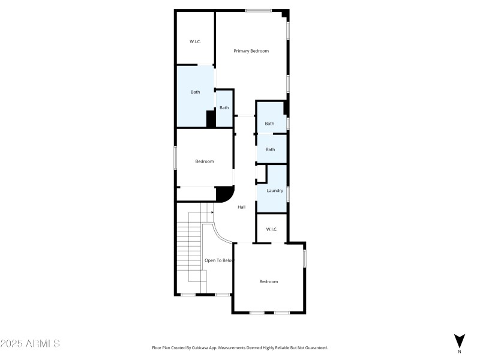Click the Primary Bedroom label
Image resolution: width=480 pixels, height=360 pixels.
[251, 51]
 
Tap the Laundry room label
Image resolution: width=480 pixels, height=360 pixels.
[275, 191]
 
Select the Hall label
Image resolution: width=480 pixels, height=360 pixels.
[242, 207]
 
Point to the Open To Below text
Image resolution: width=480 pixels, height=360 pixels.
[219, 260]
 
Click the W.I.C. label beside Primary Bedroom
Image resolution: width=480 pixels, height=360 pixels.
[196, 41]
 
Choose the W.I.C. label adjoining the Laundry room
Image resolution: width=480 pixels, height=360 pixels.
[272, 229]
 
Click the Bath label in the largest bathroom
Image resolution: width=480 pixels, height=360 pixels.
[196, 92]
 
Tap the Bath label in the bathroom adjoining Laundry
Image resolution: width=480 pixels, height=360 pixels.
[271, 149]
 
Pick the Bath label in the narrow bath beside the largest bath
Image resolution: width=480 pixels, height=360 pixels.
[224, 108]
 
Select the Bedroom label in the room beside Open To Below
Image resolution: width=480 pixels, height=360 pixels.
[268, 281]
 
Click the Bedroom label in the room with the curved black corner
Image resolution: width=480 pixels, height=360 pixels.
[205, 161]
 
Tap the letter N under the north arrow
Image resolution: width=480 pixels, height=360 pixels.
[460, 352]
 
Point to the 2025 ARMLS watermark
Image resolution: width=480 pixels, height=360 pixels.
[30, 343]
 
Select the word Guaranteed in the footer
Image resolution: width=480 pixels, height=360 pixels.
[316, 348]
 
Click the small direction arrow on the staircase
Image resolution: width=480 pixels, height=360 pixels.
[211, 212]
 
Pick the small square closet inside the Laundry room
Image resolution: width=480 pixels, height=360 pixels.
[262, 174]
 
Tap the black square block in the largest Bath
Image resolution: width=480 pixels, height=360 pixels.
[211, 119]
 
